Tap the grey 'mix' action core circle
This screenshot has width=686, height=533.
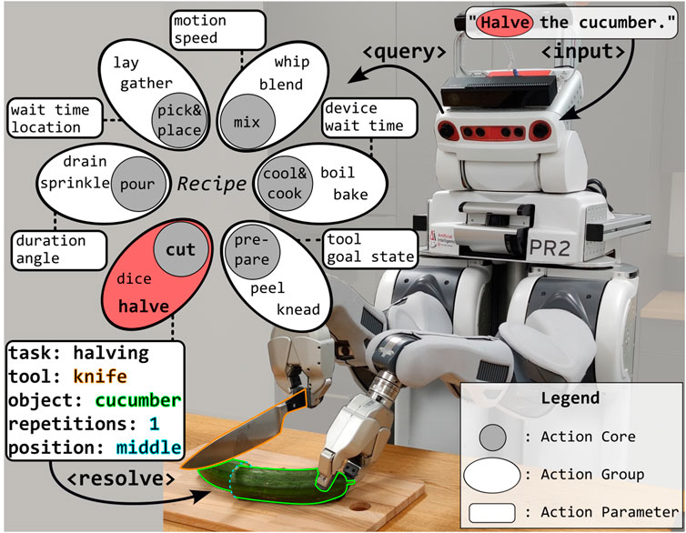[241, 120]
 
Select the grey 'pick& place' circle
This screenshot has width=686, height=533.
[178, 120]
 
